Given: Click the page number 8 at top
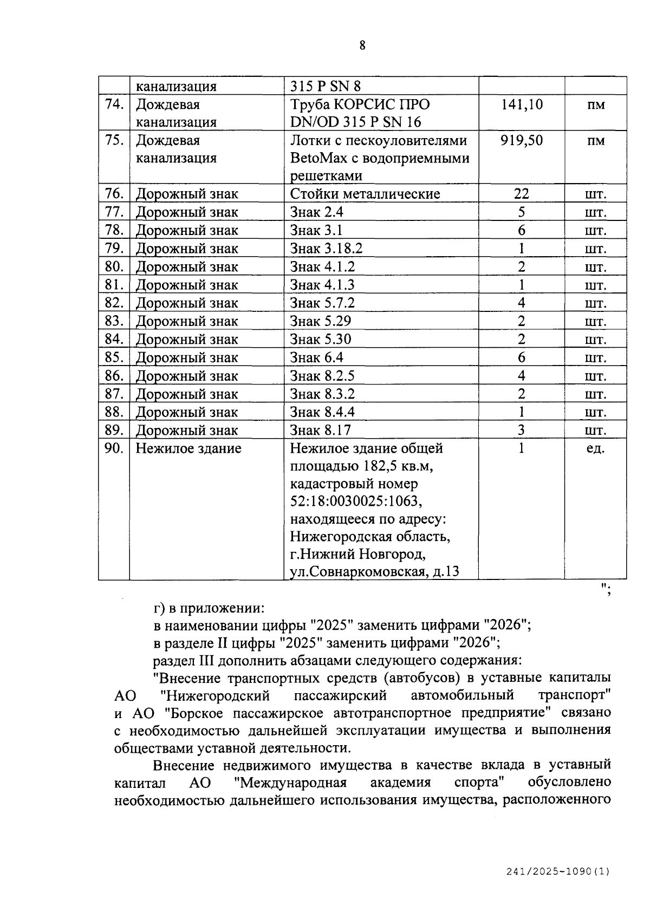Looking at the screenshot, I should tap(362, 45).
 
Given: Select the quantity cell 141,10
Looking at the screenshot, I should tap(521, 104).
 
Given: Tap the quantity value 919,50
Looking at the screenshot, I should tap(521, 140).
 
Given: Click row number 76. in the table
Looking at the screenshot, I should tap(114, 194).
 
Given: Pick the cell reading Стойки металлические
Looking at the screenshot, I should tap(365, 194).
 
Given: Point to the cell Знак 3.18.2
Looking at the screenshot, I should tap(326, 249).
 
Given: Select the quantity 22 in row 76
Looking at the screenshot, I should tap(521, 194).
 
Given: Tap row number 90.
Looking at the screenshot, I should tap(114, 448).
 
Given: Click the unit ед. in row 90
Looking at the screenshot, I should tap(595, 448).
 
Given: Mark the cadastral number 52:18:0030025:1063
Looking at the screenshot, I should tap(356, 501).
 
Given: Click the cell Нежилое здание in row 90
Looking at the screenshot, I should tap(188, 448).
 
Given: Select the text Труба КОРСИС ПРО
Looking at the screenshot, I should tap(360, 104).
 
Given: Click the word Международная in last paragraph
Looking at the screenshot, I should tap(291, 783).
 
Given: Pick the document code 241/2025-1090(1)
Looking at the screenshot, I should tap(558, 872).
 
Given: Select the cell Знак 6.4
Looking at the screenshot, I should tap(316, 357).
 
